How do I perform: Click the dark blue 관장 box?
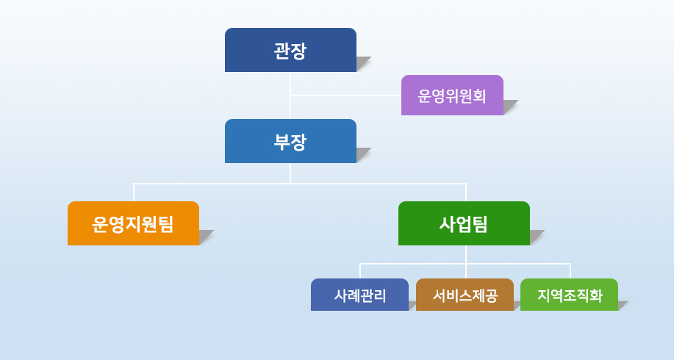290,50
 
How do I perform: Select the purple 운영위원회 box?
452,95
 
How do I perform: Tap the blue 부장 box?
290,141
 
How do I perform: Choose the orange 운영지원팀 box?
133,223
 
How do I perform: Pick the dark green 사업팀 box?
465,223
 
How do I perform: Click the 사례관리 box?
359,295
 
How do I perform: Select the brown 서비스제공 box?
465,295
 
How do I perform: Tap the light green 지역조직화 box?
569,295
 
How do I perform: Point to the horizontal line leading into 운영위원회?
346,95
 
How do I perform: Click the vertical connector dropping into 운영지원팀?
134,192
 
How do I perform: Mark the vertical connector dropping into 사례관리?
360,271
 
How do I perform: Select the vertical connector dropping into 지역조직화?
570,271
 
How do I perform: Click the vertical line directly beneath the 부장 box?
290,173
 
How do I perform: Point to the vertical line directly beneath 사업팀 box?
466,262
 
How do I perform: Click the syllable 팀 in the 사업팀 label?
480,224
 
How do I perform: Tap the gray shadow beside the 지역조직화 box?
622,305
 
